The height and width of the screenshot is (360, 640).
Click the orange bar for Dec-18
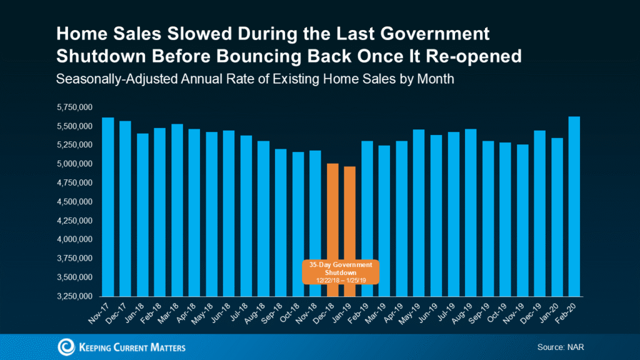tap(332, 212)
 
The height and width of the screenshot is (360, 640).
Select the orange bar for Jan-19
tap(350, 212)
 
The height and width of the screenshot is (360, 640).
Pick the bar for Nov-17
tap(108, 206)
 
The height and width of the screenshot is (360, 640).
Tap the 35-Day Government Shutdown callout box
tap(341, 272)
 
